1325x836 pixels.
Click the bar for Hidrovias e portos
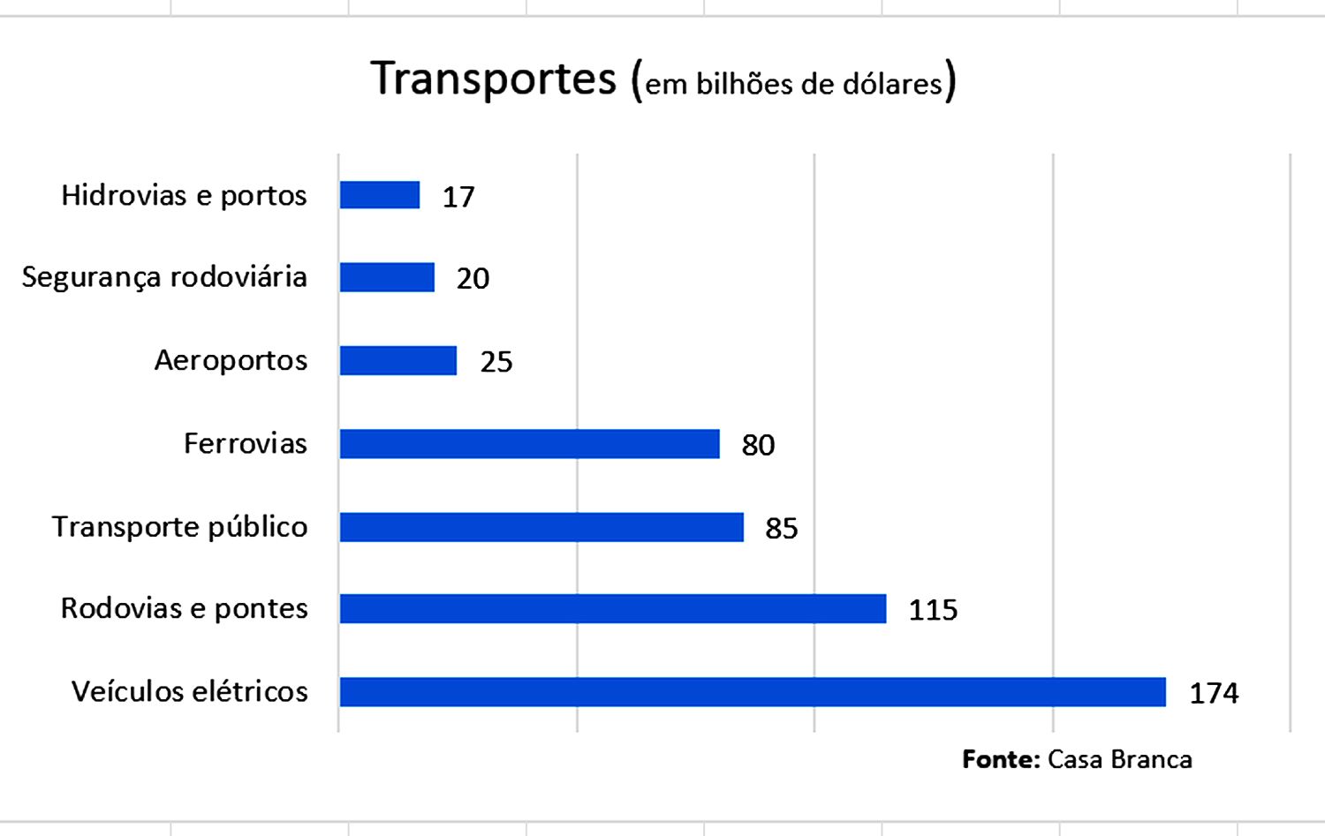(x=380, y=195)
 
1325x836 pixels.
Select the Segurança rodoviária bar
(x=387, y=277)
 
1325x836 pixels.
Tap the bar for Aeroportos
(x=398, y=360)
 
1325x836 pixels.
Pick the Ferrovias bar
(x=529, y=444)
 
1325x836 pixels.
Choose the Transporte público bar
(x=541, y=527)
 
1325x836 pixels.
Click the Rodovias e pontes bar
(x=612, y=609)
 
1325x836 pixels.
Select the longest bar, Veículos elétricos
(x=753, y=692)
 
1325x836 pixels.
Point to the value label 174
(x=1214, y=694)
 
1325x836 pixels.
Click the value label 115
(x=933, y=610)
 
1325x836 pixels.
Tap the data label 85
(x=782, y=529)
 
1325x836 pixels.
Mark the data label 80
(x=758, y=445)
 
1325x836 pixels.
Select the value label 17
(x=458, y=197)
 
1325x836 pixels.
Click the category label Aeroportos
(x=231, y=361)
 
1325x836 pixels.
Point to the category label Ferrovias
(x=245, y=443)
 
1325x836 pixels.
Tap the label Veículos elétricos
(x=189, y=691)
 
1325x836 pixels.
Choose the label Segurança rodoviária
(x=164, y=277)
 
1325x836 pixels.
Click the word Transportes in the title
(x=493, y=79)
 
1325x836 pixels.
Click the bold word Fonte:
(x=1000, y=759)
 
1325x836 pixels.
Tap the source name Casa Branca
(x=1119, y=759)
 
